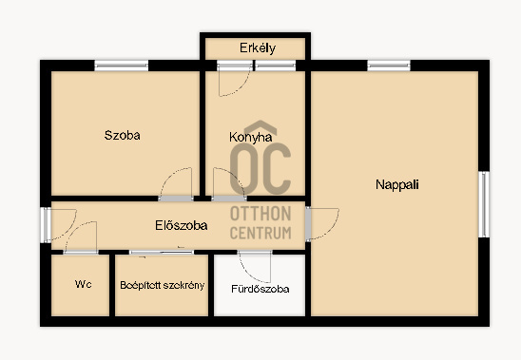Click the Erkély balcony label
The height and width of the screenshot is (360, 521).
(258, 48)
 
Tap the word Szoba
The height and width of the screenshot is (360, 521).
(123, 135)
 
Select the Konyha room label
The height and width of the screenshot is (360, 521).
(251, 138)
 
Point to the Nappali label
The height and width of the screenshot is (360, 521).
(397, 184)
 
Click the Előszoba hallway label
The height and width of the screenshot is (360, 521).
(182, 225)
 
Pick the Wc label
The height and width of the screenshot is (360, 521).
(83, 284)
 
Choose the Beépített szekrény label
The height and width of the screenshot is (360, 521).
(163, 285)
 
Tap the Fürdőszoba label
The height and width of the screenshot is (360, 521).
(260, 289)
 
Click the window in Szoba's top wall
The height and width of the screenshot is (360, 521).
(122, 66)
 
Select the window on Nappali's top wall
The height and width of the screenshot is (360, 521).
(389, 66)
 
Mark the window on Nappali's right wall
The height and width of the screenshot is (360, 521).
(484, 204)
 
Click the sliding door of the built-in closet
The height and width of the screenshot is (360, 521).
(162, 253)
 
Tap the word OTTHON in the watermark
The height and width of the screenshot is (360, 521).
(260, 214)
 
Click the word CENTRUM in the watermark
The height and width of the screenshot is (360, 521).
(260, 233)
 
